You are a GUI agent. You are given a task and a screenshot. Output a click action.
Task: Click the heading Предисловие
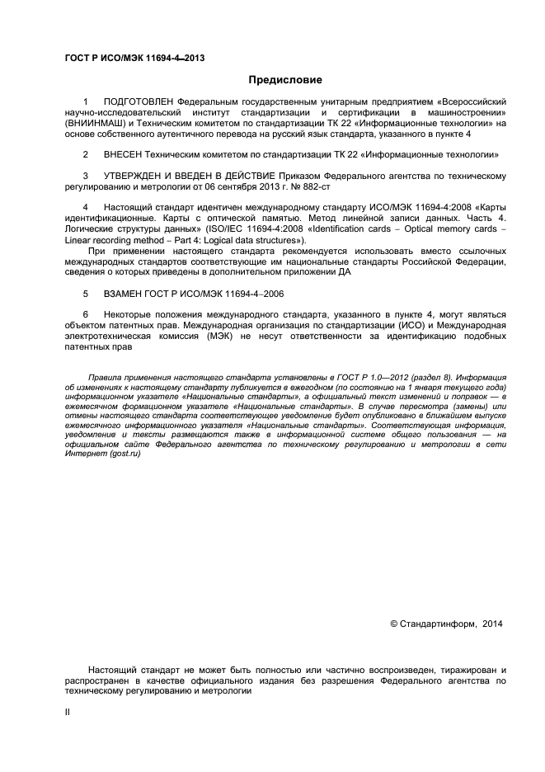click(x=285, y=80)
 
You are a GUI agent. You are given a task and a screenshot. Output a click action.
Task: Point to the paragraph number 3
click(x=86, y=176)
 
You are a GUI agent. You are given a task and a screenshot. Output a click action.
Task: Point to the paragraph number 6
click(x=86, y=315)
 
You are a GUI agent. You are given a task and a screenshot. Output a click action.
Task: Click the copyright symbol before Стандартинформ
click(x=393, y=624)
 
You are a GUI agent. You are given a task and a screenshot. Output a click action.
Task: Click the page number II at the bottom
click(x=68, y=710)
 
